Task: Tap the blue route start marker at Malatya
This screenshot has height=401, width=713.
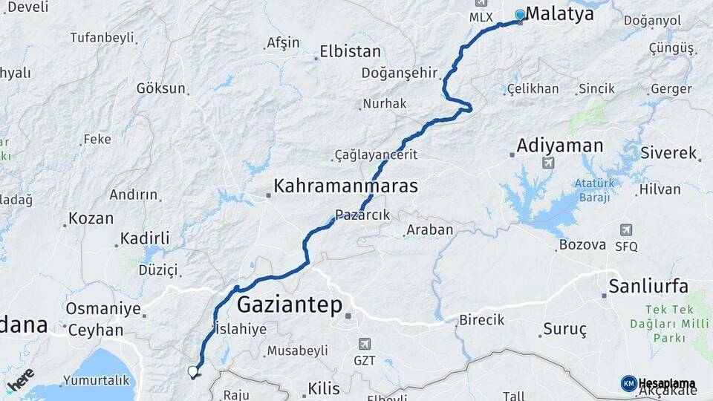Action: [520, 15]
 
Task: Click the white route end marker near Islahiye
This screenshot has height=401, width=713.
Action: [193, 371]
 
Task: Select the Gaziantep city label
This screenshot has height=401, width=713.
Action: [290, 304]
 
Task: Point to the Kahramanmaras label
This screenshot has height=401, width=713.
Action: [345, 186]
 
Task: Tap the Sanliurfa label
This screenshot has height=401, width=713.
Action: [648, 287]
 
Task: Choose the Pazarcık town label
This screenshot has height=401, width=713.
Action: [362, 215]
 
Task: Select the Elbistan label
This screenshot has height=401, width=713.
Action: [350, 52]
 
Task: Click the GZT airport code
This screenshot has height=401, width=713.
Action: [365, 361]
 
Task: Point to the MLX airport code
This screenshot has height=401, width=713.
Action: [481, 16]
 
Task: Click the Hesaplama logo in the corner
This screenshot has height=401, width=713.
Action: [658, 384]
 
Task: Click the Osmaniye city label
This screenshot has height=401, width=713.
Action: [103, 308]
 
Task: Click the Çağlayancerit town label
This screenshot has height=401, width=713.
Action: [377, 154]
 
